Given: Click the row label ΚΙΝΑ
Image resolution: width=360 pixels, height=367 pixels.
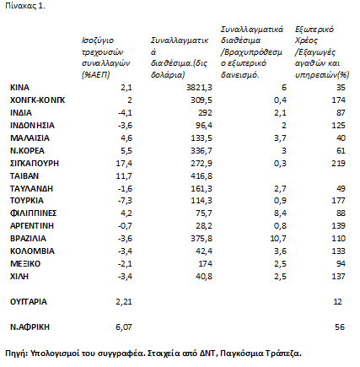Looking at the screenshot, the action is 19,88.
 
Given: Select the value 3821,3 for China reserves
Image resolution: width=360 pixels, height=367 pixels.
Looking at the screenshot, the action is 199,88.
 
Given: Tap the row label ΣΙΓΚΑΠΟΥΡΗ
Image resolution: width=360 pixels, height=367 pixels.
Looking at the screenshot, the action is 35,164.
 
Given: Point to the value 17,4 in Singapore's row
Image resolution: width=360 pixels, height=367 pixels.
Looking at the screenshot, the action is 124,164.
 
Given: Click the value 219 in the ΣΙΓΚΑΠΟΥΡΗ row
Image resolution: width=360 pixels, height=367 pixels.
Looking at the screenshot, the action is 338,164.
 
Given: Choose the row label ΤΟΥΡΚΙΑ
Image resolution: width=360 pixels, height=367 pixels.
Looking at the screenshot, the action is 27,201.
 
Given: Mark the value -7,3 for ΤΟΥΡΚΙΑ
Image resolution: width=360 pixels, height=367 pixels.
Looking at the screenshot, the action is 125,201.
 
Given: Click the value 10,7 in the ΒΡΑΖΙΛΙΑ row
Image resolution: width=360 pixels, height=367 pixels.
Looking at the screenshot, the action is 278,239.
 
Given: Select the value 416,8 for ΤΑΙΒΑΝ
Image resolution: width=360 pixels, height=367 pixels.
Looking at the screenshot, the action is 201,176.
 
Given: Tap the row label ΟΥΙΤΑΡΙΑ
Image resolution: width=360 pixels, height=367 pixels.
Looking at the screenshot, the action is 29,302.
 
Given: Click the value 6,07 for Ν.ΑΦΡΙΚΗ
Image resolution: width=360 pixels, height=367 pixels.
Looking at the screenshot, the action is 124,327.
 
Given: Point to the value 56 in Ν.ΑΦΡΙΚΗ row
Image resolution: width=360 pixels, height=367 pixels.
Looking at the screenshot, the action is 340,327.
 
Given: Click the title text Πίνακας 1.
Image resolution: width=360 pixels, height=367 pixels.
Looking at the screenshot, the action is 25,6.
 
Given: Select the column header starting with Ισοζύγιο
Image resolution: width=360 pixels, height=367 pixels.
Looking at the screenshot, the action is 105,57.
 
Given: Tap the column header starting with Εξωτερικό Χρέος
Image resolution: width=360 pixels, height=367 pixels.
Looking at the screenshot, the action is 322,52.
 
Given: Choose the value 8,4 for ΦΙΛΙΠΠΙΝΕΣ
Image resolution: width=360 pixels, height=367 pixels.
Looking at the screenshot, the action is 280,213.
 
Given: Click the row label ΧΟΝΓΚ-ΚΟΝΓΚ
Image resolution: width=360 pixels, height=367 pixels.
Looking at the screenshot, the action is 37,100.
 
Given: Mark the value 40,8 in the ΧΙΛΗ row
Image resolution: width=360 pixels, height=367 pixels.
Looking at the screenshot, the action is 204,277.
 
